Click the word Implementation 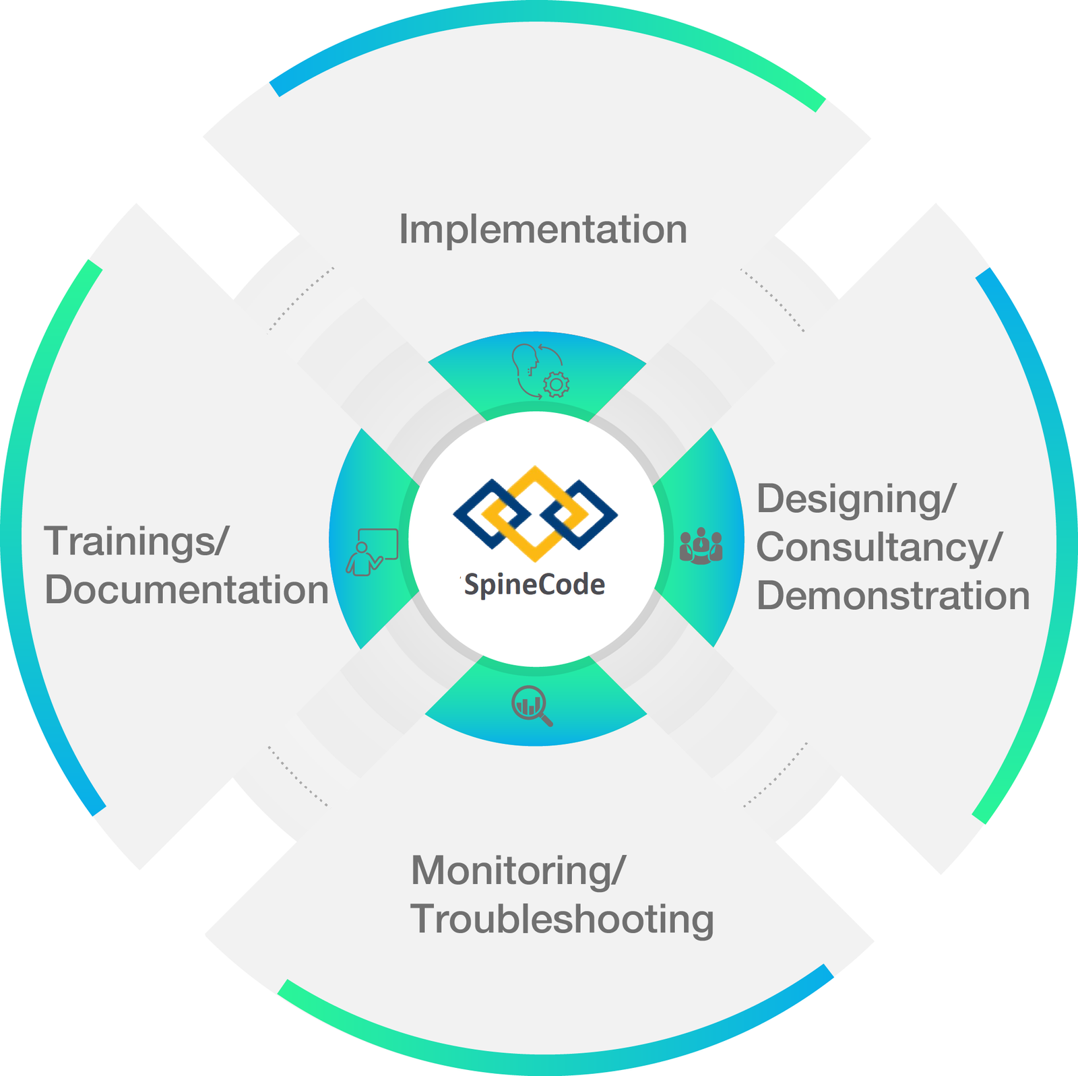tap(543, 229)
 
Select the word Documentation tap(187, 590)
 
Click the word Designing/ tap(856, 499)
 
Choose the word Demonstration tap(893, 596)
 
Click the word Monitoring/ tap(518, 871)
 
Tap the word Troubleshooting tap(562, 919)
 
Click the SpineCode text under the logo tap(535, 585)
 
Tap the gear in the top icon tap(556, 385)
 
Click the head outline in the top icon tap(525, 360)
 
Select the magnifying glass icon tap(532, 705)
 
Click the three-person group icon tap(701, 546)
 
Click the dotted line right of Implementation tap(772, 300)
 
